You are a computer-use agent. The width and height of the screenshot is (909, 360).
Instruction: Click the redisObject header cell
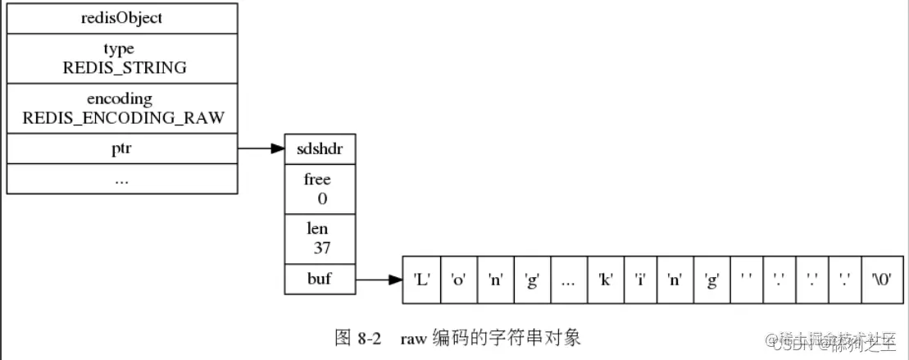122,18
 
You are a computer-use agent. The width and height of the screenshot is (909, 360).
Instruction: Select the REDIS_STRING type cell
122,59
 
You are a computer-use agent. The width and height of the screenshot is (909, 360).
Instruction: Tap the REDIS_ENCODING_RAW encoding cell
122,108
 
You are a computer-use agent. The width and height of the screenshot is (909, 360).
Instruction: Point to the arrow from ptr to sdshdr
261,148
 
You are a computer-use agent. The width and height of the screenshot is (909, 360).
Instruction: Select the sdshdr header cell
320,148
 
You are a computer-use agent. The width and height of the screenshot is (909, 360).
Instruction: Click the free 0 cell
320,188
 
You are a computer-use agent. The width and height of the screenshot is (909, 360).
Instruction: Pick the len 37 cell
320,239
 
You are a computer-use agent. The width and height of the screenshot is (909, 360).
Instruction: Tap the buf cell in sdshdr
320,279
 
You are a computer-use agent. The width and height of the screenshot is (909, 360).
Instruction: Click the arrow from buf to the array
379,280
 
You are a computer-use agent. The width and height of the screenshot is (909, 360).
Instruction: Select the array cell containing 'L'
422,280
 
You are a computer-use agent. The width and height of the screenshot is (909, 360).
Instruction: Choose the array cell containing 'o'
458,280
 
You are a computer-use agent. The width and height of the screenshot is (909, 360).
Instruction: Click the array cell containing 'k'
606,280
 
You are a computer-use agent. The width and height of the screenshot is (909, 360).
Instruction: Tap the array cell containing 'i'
641,280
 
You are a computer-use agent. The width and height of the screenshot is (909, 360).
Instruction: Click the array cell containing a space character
745,280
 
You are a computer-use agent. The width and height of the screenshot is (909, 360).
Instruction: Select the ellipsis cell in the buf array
569,280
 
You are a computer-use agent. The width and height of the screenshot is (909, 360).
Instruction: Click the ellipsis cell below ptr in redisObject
122,179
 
